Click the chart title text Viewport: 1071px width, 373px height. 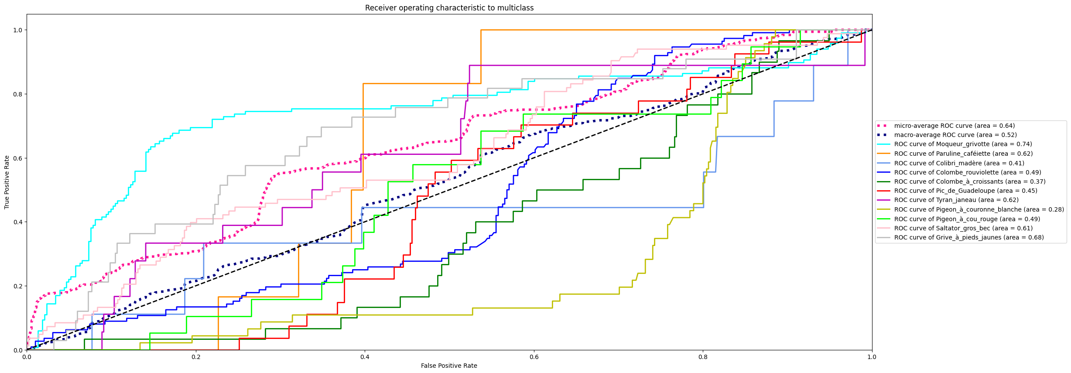[x=449, y=8]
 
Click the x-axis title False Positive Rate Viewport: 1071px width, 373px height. [x=449, y=366]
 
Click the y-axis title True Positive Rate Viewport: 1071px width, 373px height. [x=7, y=182]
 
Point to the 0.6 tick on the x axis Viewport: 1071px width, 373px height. [x=534, y=357]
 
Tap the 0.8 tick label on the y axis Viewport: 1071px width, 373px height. [x=17, y=94]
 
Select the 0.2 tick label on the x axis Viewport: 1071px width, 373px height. [x=196, y=357]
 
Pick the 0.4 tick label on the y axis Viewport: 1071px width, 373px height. [x=17, y=222]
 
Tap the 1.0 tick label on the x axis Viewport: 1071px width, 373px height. [x=872, y=357]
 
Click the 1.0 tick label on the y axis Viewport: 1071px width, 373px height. [x=17, y=30]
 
